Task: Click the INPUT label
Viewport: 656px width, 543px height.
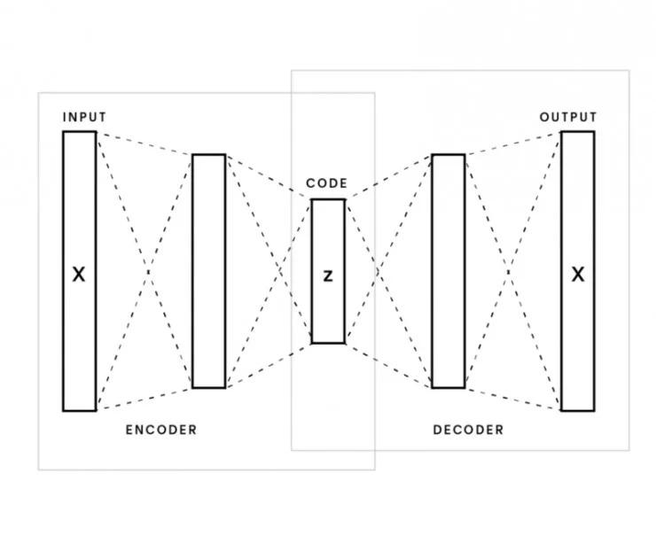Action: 84,117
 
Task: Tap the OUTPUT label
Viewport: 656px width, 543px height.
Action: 568,117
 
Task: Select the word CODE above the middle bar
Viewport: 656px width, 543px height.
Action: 327,183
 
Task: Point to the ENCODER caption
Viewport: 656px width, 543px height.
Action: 160,431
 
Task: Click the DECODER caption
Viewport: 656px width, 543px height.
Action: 468,431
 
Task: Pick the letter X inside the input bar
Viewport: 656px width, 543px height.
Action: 79,275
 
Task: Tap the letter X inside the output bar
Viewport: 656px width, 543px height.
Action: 578,275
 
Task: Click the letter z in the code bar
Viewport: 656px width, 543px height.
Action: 328,276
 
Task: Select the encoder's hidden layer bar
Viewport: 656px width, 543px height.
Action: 208,271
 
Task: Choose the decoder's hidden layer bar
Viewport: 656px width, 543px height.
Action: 449,271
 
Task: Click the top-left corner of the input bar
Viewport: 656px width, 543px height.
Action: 63,131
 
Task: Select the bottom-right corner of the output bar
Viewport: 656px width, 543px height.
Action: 595,411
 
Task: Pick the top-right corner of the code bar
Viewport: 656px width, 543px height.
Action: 345,199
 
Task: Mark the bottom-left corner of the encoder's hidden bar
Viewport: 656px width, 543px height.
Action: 192,388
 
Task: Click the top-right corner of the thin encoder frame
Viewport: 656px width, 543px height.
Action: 375,92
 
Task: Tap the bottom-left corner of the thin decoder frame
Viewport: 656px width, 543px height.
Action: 292,450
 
